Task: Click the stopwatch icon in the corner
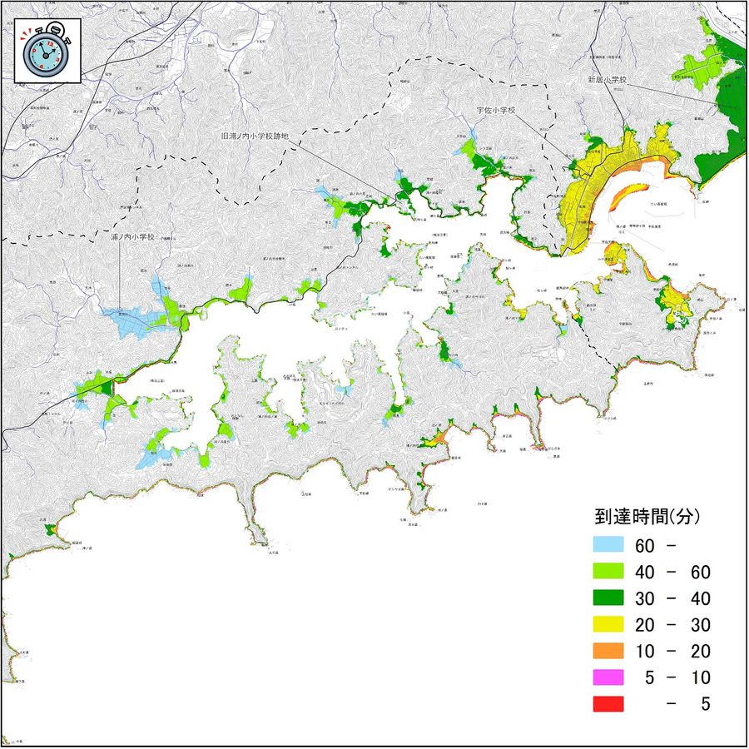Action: [47, 51]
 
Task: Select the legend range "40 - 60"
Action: [672, 573]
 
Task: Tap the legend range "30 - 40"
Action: [672, 599]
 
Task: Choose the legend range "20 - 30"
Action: [672, 625]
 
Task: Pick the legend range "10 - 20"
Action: [672, 652]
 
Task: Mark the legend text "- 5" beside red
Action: [692, 704]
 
